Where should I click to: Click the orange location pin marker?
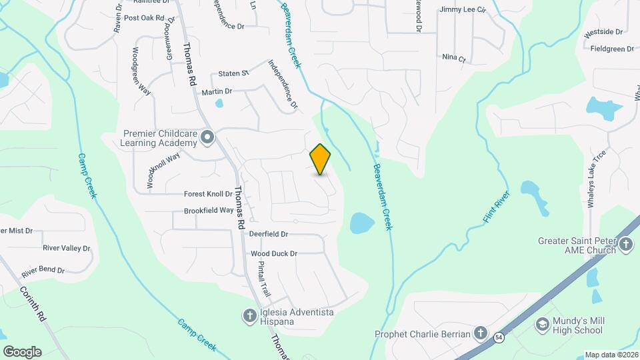point(321,159)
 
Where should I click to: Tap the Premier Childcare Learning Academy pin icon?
point(207,137)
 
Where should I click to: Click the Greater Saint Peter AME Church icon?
point(626,245)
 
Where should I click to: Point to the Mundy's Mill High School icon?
point(543,325)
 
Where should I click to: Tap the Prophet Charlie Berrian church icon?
point(481,333)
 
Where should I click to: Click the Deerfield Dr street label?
point(268,234)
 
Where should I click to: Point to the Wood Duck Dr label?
point(273,253)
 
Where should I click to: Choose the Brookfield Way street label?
point(209,211)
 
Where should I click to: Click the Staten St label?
point(233,73)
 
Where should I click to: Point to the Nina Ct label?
point(453,58)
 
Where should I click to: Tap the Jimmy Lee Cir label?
point(463,10)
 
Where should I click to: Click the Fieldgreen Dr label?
point(612,49)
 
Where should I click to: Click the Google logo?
point(22,351)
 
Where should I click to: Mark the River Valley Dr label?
point(66,248)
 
